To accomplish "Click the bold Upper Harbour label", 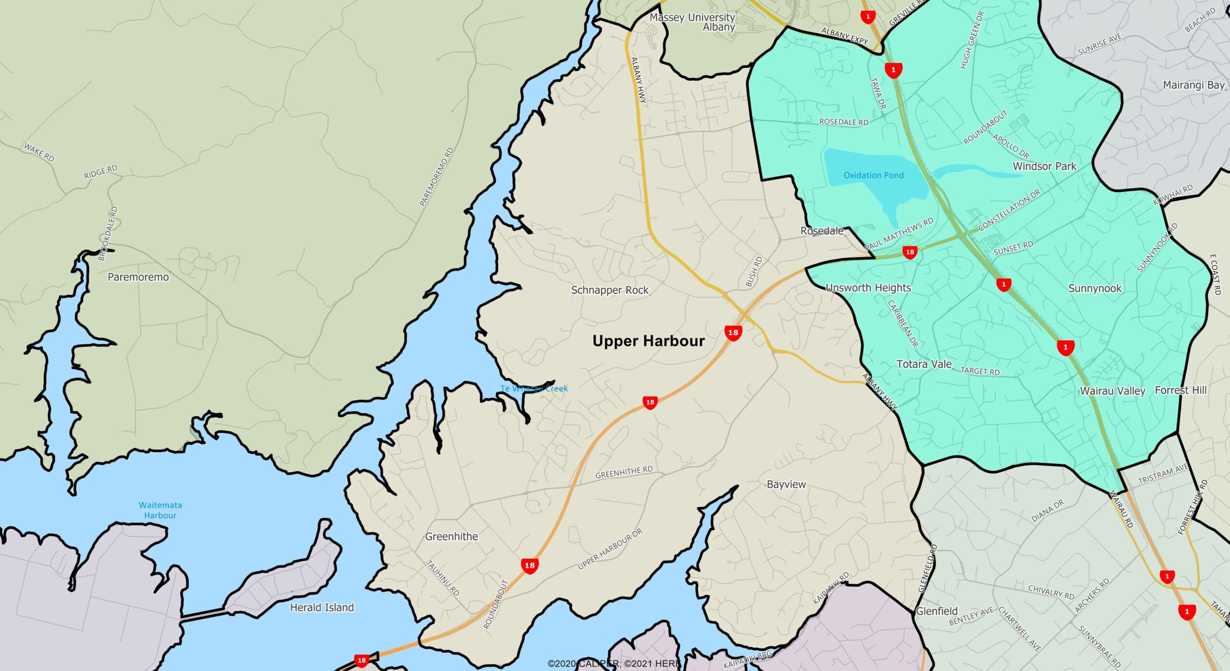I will pos(648,341).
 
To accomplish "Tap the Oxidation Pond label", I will pos(873,175).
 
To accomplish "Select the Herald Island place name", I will pos(321,608).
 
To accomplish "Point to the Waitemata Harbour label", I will pos(160,510).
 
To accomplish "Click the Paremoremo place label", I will pos(138,277).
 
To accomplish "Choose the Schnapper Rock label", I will pos(609,290).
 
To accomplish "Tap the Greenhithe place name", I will pos(451,537).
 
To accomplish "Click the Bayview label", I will pos(786,484).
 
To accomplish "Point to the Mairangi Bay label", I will pos(1193,85).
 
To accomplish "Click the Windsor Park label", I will pos(1044,166).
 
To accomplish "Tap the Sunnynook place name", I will pos(1095,288).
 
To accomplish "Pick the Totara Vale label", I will pos(923,364).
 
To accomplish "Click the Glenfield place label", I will pos(936,611).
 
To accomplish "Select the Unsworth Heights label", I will pos(868,288).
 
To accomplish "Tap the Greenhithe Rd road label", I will pos(624,472).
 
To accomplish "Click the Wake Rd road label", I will pos(39,152).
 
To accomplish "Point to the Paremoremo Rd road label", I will pos(436,177).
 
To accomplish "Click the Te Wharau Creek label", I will pos(534,389).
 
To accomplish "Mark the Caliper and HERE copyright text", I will pos(614,663).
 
